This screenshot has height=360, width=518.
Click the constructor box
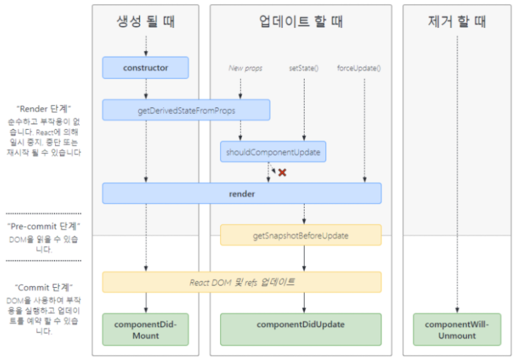click(146, 68)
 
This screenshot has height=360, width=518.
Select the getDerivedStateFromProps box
click(186, 110)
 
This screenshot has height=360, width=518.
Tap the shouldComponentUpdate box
click(273, 152)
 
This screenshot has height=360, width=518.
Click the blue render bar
click(242, 194)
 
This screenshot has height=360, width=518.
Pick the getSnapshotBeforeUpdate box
click(300, 235)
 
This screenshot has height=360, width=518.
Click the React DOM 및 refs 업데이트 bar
click(242, 282)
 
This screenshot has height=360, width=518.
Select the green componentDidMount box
click(146, 329)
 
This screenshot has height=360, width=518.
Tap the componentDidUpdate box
click(300, 325)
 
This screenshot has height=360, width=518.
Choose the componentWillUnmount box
click(458, 329)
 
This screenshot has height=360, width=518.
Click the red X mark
click(282, 172)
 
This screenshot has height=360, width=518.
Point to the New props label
click(245, 68)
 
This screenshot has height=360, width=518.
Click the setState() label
click(304, 68)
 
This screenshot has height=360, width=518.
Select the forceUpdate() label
click(363, 68)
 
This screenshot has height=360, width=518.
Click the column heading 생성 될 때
click(146, 22)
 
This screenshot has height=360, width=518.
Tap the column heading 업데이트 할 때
click(301, 22)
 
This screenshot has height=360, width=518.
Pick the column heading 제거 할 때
click(457, 22)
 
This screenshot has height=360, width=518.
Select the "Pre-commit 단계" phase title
click(44, 226)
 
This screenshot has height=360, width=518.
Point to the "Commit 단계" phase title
click(44, 287)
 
